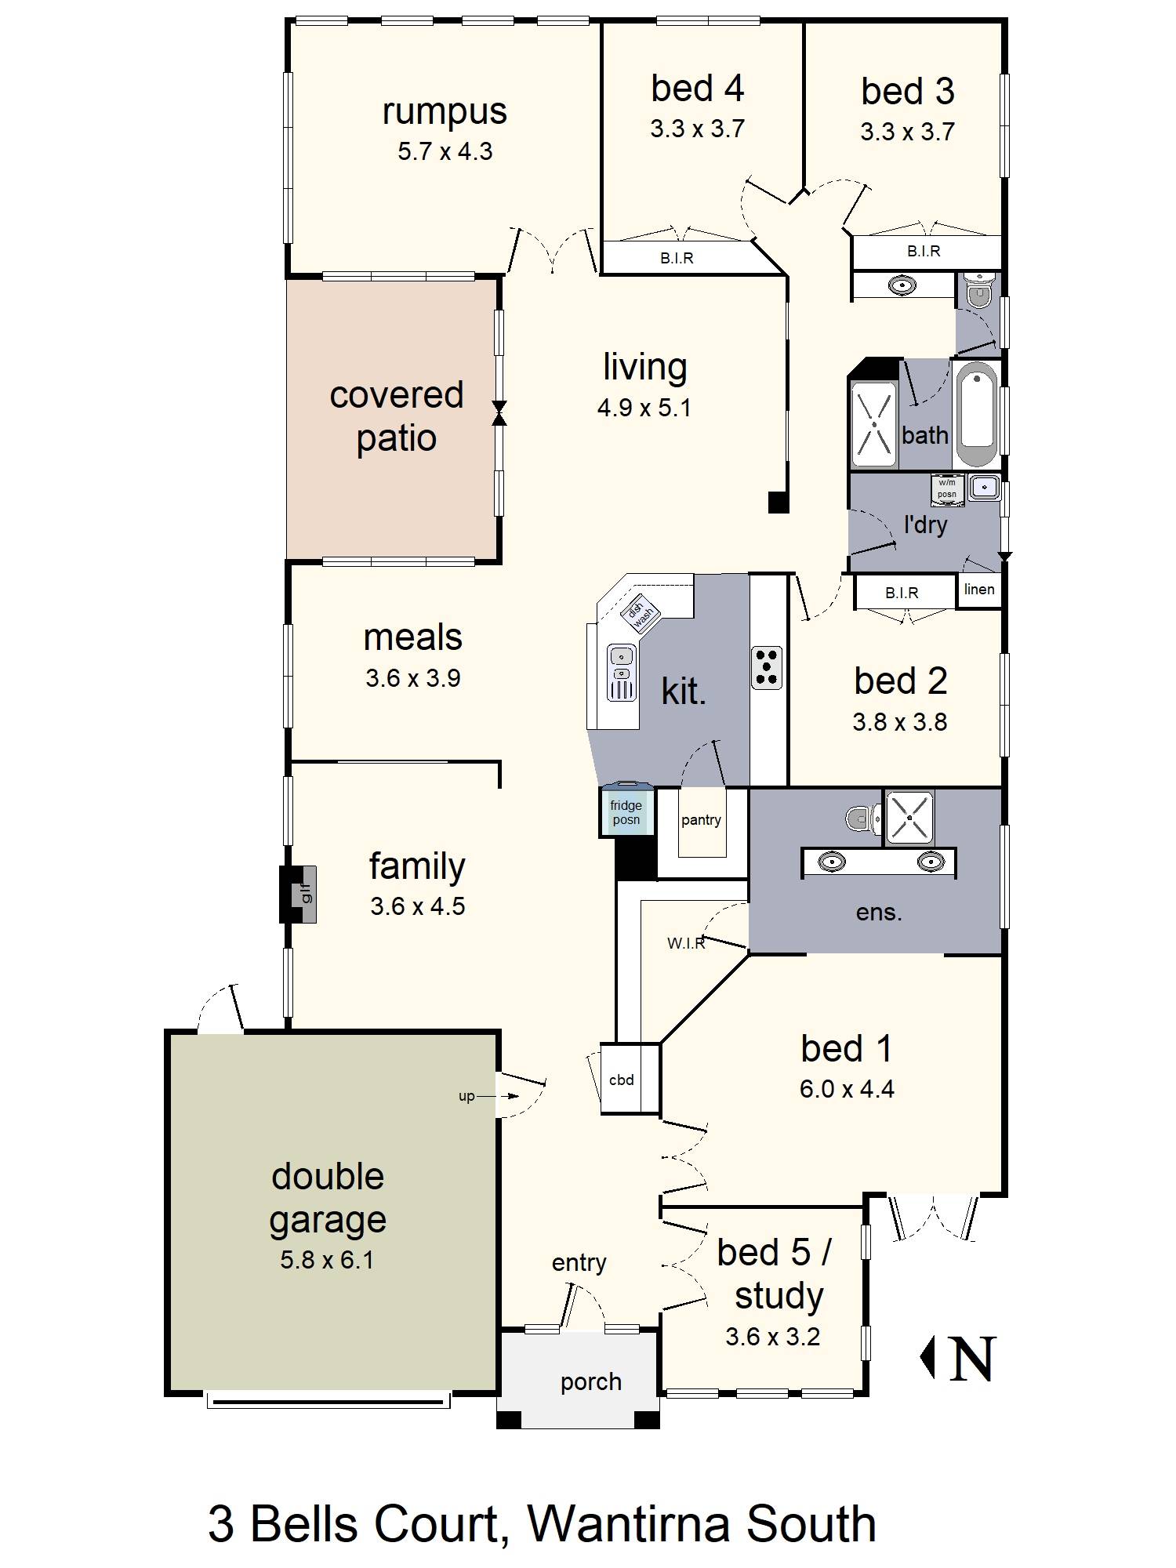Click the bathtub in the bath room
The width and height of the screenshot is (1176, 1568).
tap(976, 414)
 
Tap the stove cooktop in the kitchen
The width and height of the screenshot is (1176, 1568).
tap(766, 667)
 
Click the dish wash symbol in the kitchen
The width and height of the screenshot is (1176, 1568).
tap(642, 612)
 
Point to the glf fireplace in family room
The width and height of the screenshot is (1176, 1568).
tap(299, 894)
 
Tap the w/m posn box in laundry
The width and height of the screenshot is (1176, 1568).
tap(947, 488)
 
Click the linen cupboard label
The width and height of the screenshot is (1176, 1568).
tap(979, 589)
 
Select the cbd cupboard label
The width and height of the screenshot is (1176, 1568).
tap(622, 1080)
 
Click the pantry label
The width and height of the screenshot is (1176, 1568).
tap(701, 820)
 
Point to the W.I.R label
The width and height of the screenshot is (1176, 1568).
tap(686, 943)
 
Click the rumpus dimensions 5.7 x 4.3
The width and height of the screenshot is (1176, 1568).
tap(445, 151)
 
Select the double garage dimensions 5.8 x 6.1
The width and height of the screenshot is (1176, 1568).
tap(327, 1260)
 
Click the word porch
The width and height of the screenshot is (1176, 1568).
tap(591, 1382)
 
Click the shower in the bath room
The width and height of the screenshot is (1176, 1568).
tap(873, 423)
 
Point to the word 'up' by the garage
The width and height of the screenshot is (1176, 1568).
tap(466, 1096)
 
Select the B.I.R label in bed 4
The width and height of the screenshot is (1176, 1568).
tap(677, 258)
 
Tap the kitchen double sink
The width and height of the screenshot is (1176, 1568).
tap(621, 672)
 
